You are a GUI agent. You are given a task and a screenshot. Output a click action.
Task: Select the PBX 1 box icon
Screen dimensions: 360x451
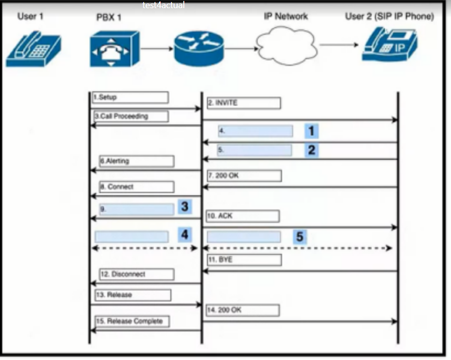click(x=114, y=48)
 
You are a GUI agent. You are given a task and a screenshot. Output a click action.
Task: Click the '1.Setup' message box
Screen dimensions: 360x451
click(x=130, y=97)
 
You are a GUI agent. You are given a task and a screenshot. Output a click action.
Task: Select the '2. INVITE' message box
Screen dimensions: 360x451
click(x=243, y=103)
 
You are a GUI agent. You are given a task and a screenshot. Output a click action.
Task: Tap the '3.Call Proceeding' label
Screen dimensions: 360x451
click(x=130, y=116)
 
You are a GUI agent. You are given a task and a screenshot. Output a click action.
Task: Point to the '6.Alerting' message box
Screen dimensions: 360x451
click(x=136, y=161)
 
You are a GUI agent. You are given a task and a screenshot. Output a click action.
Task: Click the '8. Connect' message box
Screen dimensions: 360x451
click(x=136, y=186)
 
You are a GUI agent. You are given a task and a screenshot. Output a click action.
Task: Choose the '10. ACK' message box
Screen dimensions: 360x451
click(x=243, y=216)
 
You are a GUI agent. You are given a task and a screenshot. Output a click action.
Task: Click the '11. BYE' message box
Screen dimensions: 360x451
click(x=243, y=260)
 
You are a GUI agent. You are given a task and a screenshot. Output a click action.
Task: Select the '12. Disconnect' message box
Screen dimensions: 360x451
click(x=136, y=275)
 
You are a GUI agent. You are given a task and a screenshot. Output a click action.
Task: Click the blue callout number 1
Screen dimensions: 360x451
click(x=311, y=131)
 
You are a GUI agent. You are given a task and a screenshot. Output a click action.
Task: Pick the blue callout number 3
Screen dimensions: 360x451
click(x=184, y=207)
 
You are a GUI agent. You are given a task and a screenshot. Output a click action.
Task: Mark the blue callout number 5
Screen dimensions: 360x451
click(x=300, y=236)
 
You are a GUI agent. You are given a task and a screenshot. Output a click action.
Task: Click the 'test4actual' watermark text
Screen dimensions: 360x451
click(x=164, y=5)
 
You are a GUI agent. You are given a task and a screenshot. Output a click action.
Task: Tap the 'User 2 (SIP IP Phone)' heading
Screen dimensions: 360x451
click(x=389, y=17)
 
